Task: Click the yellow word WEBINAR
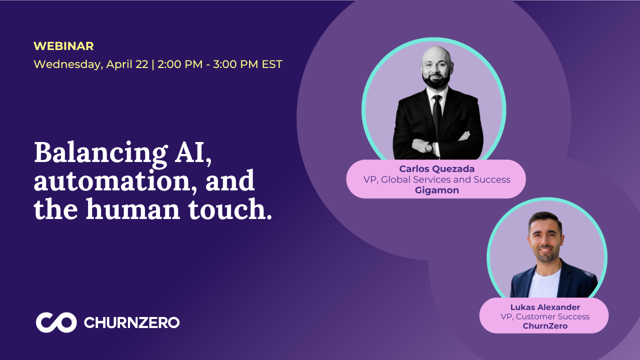coord(63,46)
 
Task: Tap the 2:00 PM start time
coord(180,64)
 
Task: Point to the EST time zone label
coord(272,64)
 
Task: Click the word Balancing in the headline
coord(100,153)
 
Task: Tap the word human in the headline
coord(133,209)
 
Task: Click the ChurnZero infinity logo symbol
coord(56,322)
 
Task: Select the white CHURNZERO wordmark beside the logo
coord(131,322)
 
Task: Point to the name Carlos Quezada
coord(437,169)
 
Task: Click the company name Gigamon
coord(437,190)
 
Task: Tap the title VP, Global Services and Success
coord(437,179)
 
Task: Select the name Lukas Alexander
coord(545,307)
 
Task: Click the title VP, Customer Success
coord(545,316)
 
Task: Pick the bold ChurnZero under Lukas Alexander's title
coord(545,326)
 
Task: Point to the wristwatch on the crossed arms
coord(429,147)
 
